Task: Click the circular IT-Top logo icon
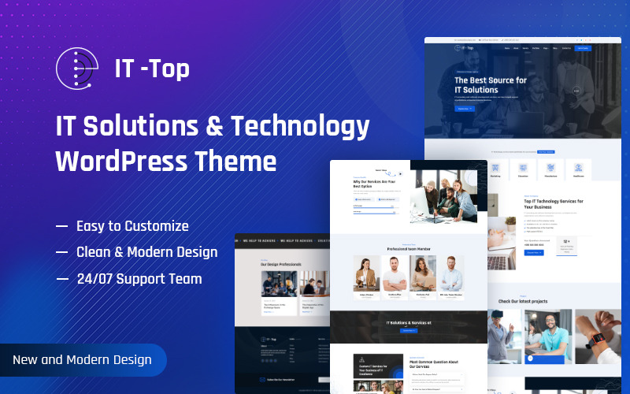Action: [x=78, y=69]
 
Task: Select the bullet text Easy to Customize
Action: [x=132, y=226]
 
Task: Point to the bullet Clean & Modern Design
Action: [x=146, y=252]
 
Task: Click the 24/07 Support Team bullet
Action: [x=139, y=279]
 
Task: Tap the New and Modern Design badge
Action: [x=82, y=359]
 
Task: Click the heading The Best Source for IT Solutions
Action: [x=491, y=85]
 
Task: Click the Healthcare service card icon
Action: [x=578, y=168]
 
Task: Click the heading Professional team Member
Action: [x=408, y=249]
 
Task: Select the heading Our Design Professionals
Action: [x=281, y=264]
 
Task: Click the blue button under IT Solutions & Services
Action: [x=408, y=331]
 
